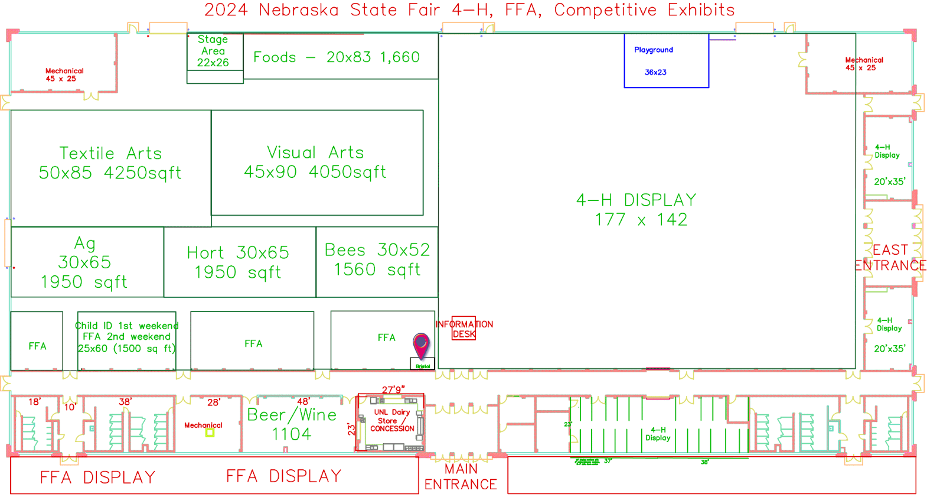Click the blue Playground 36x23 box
pos(666,61)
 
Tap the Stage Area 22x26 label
pos(213,51)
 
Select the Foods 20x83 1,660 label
pos(337,57)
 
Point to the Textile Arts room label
pos(110,163)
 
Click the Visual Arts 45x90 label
pos(316,162)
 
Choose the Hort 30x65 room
pos(239,262)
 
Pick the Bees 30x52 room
pos(377,259)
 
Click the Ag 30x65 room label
pos(84,262)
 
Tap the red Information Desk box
pos(464,329)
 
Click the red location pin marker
pos(421,344)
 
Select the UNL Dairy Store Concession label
pos(392,421)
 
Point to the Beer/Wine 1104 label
pos(292,424)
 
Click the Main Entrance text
pos(461,477)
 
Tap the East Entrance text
pos(890,258)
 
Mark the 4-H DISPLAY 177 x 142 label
pos(637,210)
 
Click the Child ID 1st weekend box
pos(127,337)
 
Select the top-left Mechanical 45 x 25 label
pos(64,74)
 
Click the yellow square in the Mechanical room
pos(210,433)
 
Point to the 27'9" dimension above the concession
pos(393,389)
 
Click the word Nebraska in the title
pos(299,10)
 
